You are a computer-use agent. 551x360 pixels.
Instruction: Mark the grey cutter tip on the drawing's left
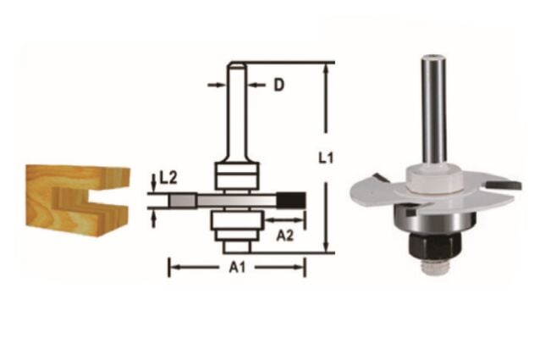[180, 200]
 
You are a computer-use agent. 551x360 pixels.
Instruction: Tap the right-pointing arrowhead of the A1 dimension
[300, 268]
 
